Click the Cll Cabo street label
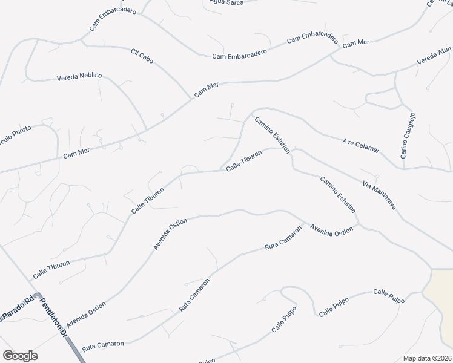[142, 56]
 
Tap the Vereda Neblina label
[79, 77]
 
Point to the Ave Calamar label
[361, 145]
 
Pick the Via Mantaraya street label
[379, 194]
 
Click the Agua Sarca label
[226, 2]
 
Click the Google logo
[20, 356]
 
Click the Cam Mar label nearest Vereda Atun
[355, 44]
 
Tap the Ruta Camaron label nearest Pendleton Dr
[103, 344]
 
